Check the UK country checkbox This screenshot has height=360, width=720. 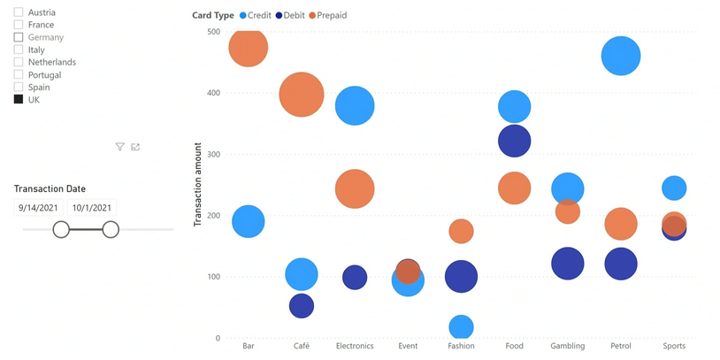19,100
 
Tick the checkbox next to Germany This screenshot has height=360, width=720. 19,38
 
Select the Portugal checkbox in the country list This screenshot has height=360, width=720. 19,75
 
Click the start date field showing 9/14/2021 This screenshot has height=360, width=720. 38,208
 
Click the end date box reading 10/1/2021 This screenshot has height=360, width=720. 92,208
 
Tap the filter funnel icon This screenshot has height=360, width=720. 119,147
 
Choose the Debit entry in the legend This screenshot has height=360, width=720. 289,16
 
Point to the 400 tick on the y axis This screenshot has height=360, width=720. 212,93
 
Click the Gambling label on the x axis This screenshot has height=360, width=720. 567,346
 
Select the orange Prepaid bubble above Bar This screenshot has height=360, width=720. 249,47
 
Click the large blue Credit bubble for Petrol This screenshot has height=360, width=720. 621,57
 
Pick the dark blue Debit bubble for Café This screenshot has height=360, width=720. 302,305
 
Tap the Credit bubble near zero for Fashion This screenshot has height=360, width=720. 461,327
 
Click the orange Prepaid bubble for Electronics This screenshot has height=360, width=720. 355,189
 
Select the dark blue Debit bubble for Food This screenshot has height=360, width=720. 514,140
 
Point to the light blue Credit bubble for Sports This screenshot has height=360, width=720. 674,188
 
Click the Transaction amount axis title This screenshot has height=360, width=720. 198,184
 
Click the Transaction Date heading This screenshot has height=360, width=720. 50,188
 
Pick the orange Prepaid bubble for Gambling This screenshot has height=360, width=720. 567,211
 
